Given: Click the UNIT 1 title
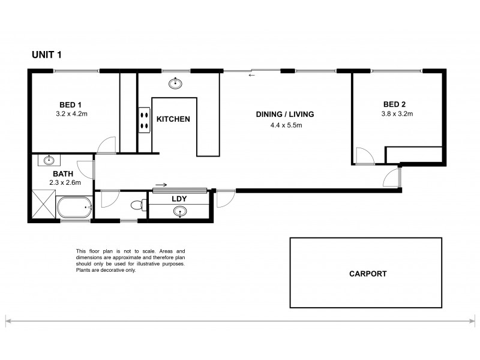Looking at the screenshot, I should tap(47, 55).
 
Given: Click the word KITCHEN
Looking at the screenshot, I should tap(173, 119).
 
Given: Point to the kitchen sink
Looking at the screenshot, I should tap(176, 83).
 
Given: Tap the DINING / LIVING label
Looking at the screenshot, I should tap(285, 115).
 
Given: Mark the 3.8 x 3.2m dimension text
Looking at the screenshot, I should tap(397, 112).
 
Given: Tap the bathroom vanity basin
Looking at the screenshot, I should tap(49, 160).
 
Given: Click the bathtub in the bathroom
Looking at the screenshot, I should tap(74, 208).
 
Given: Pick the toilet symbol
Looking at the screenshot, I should tap(139, 205).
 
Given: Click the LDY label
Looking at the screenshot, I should tap(178, 199).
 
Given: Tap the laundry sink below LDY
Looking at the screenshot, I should tap(179, 212).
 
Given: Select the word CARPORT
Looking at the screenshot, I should tap(368, 274).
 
